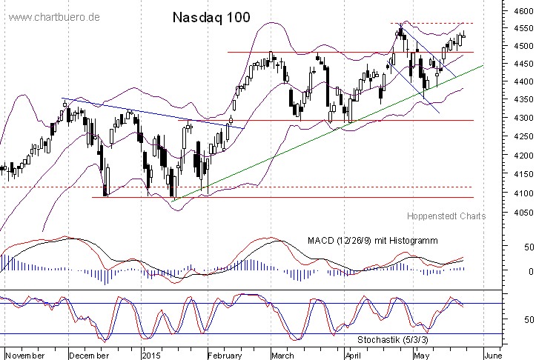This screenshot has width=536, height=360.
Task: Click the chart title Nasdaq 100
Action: [211, 16]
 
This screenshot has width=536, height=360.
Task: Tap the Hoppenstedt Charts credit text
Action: [446, 216]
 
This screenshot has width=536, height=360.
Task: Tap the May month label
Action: [423, 355]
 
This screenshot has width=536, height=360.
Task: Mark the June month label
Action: [494, 355]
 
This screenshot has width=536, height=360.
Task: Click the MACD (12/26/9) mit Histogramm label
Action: [372, 241]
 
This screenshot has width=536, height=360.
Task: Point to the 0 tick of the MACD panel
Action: [509, 272]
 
